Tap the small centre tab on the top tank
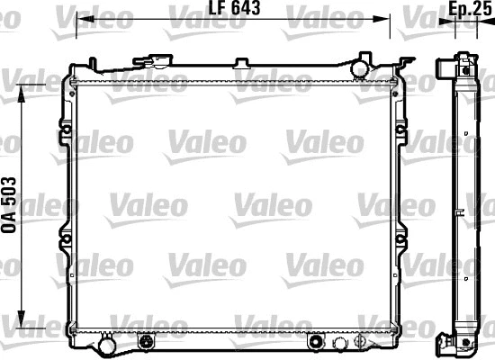pos(240,63)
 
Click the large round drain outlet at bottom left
pos(106,345)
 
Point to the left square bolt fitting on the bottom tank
pos(148,342)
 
